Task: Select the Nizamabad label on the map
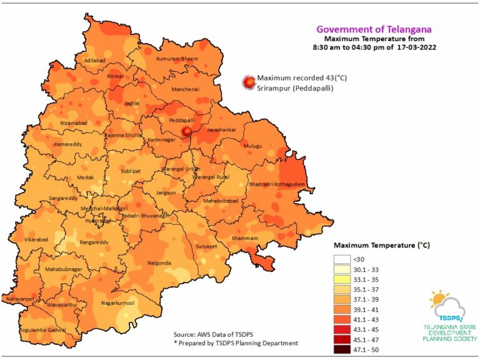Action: click(76, 124)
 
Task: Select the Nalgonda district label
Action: click(159, 263)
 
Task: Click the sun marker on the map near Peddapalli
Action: click(186, 131)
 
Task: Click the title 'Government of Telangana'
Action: click(373, 29)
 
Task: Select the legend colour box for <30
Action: click(344, 259)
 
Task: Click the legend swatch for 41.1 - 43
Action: click(344, 319)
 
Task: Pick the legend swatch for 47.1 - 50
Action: click(344, 349)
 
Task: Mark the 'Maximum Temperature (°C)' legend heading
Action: click(381, 245)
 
